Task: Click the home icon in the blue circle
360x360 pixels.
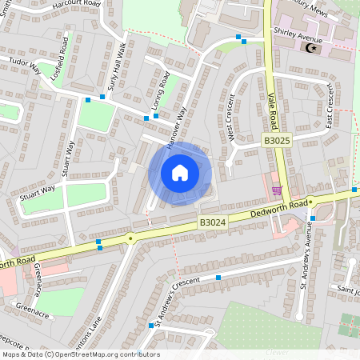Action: (179, 172)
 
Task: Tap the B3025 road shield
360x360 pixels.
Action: (277, 140)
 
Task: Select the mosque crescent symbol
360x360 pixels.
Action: (311, 48)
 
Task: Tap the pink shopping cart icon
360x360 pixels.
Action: (277, 190)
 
